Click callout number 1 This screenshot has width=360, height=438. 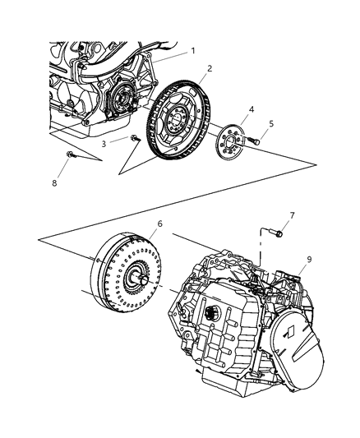tap(192, 50)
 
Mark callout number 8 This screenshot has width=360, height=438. tap(55, 182)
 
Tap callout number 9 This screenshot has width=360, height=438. tap(309, 259)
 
